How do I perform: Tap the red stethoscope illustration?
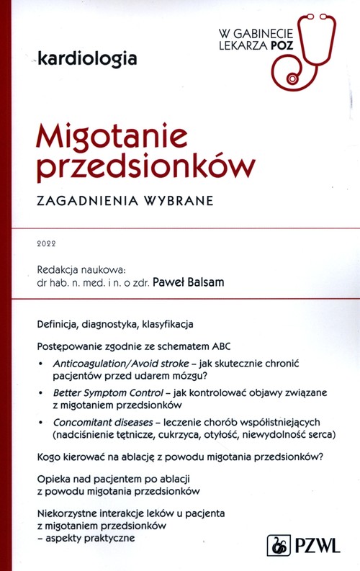302,50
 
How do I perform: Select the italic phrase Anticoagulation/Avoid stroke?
118,365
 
